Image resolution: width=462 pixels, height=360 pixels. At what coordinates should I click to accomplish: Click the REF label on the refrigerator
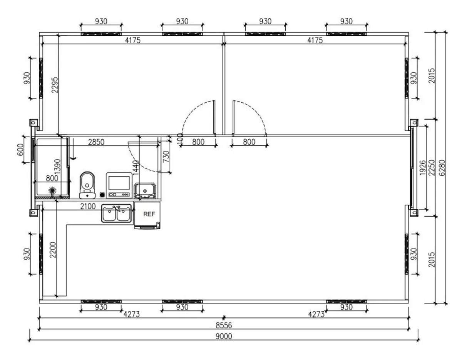149,214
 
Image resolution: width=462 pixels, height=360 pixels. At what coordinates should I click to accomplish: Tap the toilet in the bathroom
87,185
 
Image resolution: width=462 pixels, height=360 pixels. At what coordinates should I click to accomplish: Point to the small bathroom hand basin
145,190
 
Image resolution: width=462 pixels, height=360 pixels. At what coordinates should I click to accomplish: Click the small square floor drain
102,195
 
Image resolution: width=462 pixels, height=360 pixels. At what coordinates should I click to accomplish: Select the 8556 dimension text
224,325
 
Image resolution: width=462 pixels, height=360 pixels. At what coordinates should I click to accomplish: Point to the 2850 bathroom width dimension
96,142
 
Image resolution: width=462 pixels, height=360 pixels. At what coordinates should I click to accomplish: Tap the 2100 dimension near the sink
88,207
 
